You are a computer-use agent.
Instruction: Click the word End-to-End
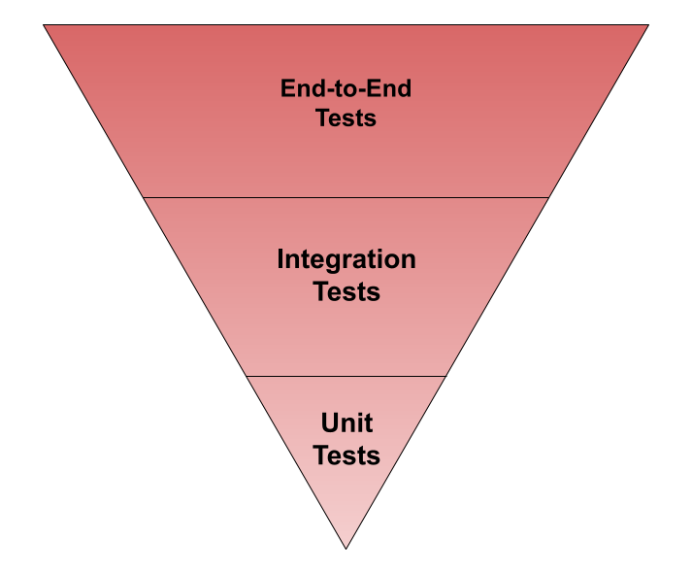click(x=346, y=88)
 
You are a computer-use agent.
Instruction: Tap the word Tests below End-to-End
click(x=346, y=118)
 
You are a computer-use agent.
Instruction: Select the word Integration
click(x=346, y=259)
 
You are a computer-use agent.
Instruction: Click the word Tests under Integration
click(x=346, y=290)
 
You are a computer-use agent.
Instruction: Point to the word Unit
click(x=346, y=423)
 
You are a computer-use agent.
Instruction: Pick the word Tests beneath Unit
click(x=346, y=455)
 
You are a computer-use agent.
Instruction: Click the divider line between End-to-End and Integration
click(x=346, y=197)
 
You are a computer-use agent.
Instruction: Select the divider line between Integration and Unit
click(x=346, y=376)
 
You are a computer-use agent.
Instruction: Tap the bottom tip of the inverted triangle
click(x=346, y=547)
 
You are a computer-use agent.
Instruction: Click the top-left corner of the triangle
click(x=45, y=26)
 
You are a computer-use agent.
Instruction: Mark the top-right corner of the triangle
click(x=646, y=26)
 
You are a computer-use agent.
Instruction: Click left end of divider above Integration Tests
click(x=144, y=197)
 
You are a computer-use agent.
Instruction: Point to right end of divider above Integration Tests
click(x=548, y=197)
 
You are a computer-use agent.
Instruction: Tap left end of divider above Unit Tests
click(x=247, y=376)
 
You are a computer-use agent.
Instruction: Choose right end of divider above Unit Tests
click(x=445, y=376)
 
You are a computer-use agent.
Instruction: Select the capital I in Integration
click(x=281, y=259)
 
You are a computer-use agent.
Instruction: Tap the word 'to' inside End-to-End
click(x=346, y=88)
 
